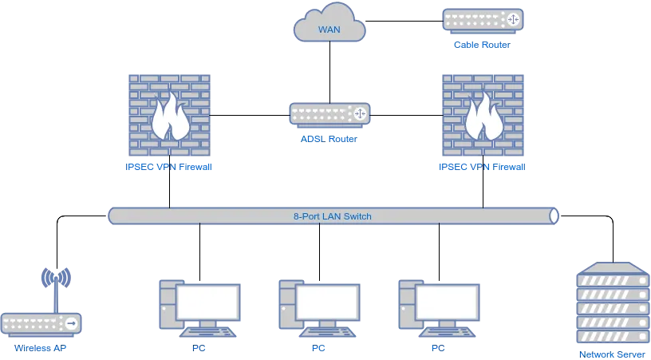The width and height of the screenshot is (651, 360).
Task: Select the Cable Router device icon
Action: click(x=483, y=21)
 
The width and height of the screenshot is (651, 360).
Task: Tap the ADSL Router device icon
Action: click(x=329, y=115)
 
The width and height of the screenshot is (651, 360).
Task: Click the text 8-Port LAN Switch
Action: click(x=333, y=216)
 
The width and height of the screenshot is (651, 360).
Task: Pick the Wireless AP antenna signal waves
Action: click(x=56, y=277)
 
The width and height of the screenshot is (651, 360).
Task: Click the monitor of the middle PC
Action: click(x=328, y=303)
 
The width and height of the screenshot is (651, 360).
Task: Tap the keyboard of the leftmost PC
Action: click(x=207, y=332)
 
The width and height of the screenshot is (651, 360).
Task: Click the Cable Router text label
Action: click(x=482, y=45)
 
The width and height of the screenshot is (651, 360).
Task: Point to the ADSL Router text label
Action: click(x=329, y=139)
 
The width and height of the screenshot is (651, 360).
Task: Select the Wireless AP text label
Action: click(x=40, y=348)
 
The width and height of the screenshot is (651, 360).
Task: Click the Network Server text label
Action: click(x=613, y=354)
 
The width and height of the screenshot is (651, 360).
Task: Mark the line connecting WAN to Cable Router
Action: click(x=404, y=21)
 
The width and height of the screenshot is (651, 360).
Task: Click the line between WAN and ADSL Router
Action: click(x=330, y=73)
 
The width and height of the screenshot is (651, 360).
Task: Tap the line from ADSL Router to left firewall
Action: click(x=250, y=115)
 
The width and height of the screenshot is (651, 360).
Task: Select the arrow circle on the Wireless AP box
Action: click(x=72, y=323)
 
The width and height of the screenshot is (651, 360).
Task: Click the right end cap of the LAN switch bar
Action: click(x=554, y=216)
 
